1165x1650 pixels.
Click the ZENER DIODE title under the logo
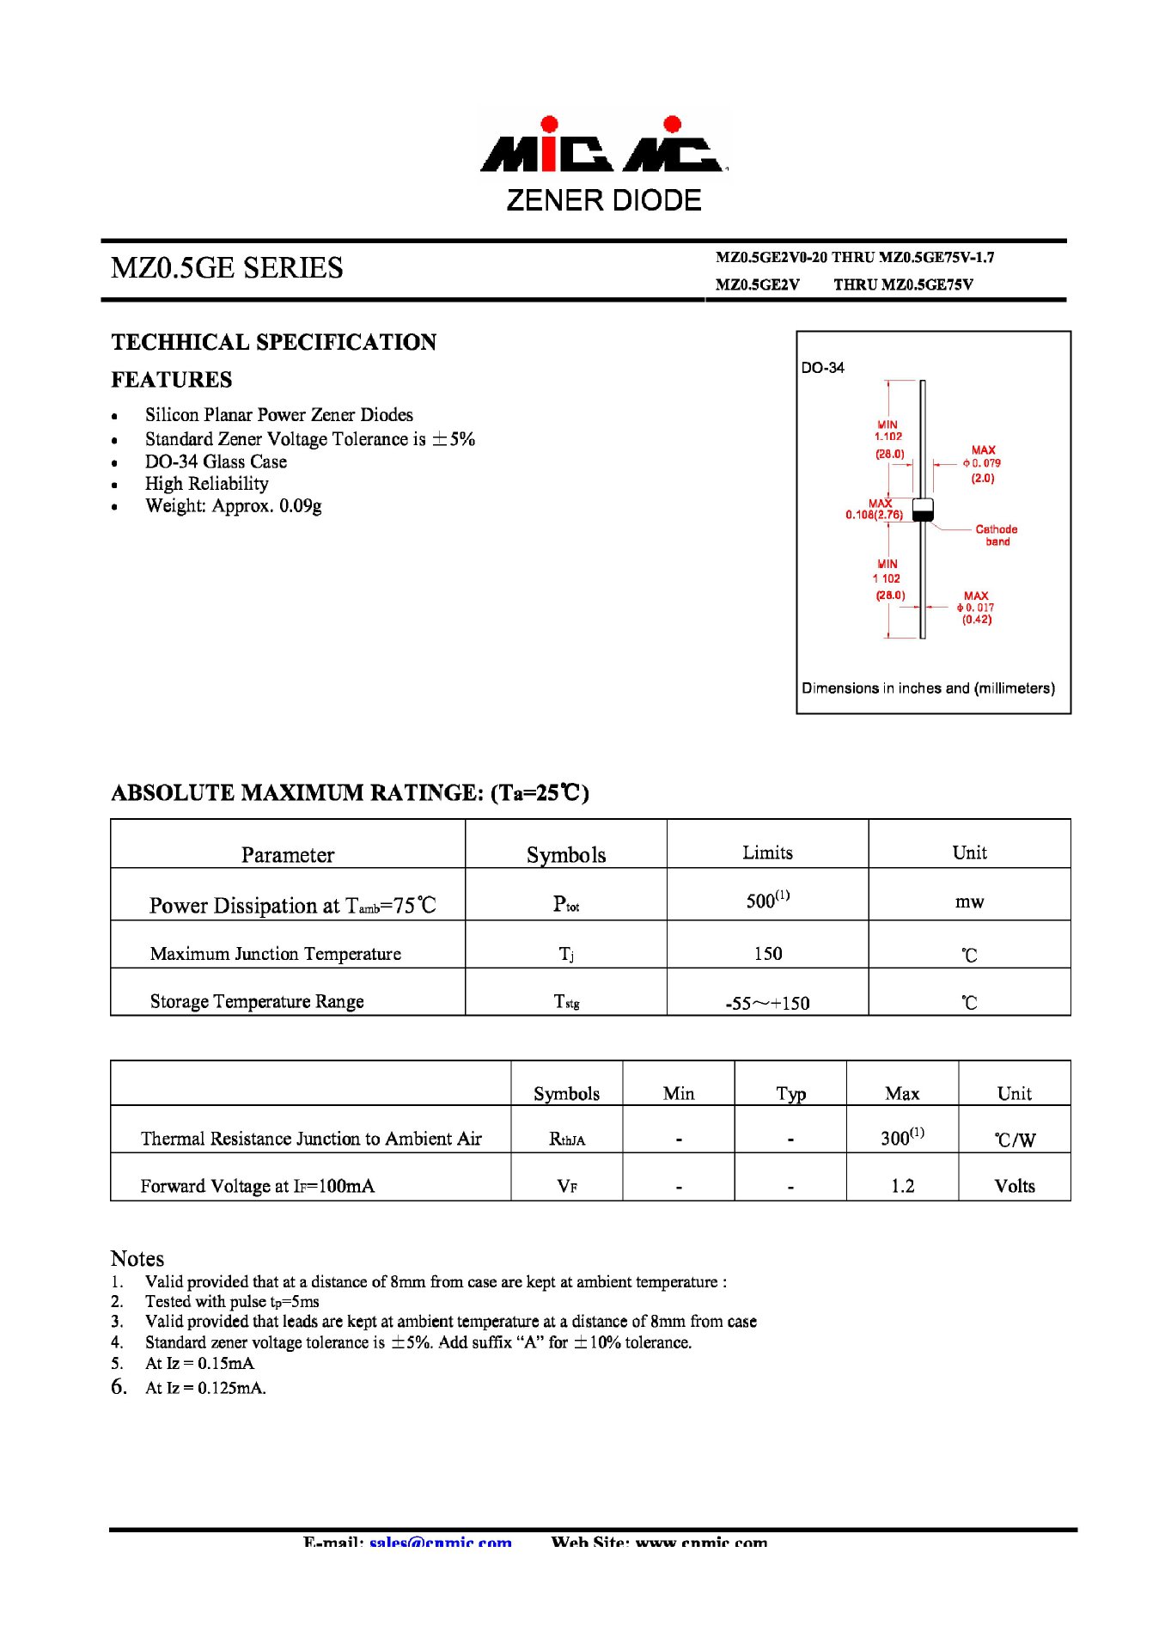coord(603,200)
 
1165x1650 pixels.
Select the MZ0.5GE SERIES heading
coord(227,268)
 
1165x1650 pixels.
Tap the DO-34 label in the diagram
coord(822,368)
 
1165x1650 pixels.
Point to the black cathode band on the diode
coord(922,515)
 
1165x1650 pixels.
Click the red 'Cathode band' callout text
coord(996,535)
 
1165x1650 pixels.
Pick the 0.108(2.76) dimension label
coord(874,515)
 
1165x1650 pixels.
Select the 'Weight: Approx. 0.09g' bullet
coord(233,506)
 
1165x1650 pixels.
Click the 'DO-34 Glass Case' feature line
coord(216,461)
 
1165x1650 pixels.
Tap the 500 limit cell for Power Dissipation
coord(767,901)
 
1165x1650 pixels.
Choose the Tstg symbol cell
coord(566,1002)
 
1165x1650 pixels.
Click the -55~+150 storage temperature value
coord(767,1003)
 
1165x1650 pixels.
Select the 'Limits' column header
coord(767,852)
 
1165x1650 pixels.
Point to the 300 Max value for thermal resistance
coord(901,1138)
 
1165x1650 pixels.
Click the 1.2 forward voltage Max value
coord(902,1186)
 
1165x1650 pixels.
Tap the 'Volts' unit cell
coord(1014,1186)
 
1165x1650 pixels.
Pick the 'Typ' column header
coord(790,1093)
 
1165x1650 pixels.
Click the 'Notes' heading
coord(137,1259)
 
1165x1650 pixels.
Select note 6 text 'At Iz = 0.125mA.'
coord(205,1388)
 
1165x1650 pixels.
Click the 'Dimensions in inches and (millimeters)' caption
coord(928,688)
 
